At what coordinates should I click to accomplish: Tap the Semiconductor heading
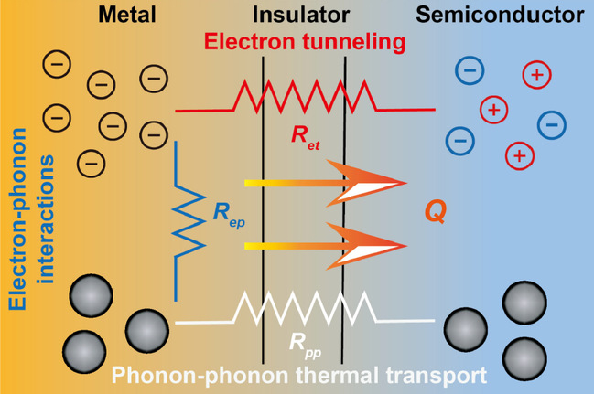[513, 16]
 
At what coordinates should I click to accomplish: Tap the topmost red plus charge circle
[535, 75]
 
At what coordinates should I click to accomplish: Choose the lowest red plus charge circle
[519, 155]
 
